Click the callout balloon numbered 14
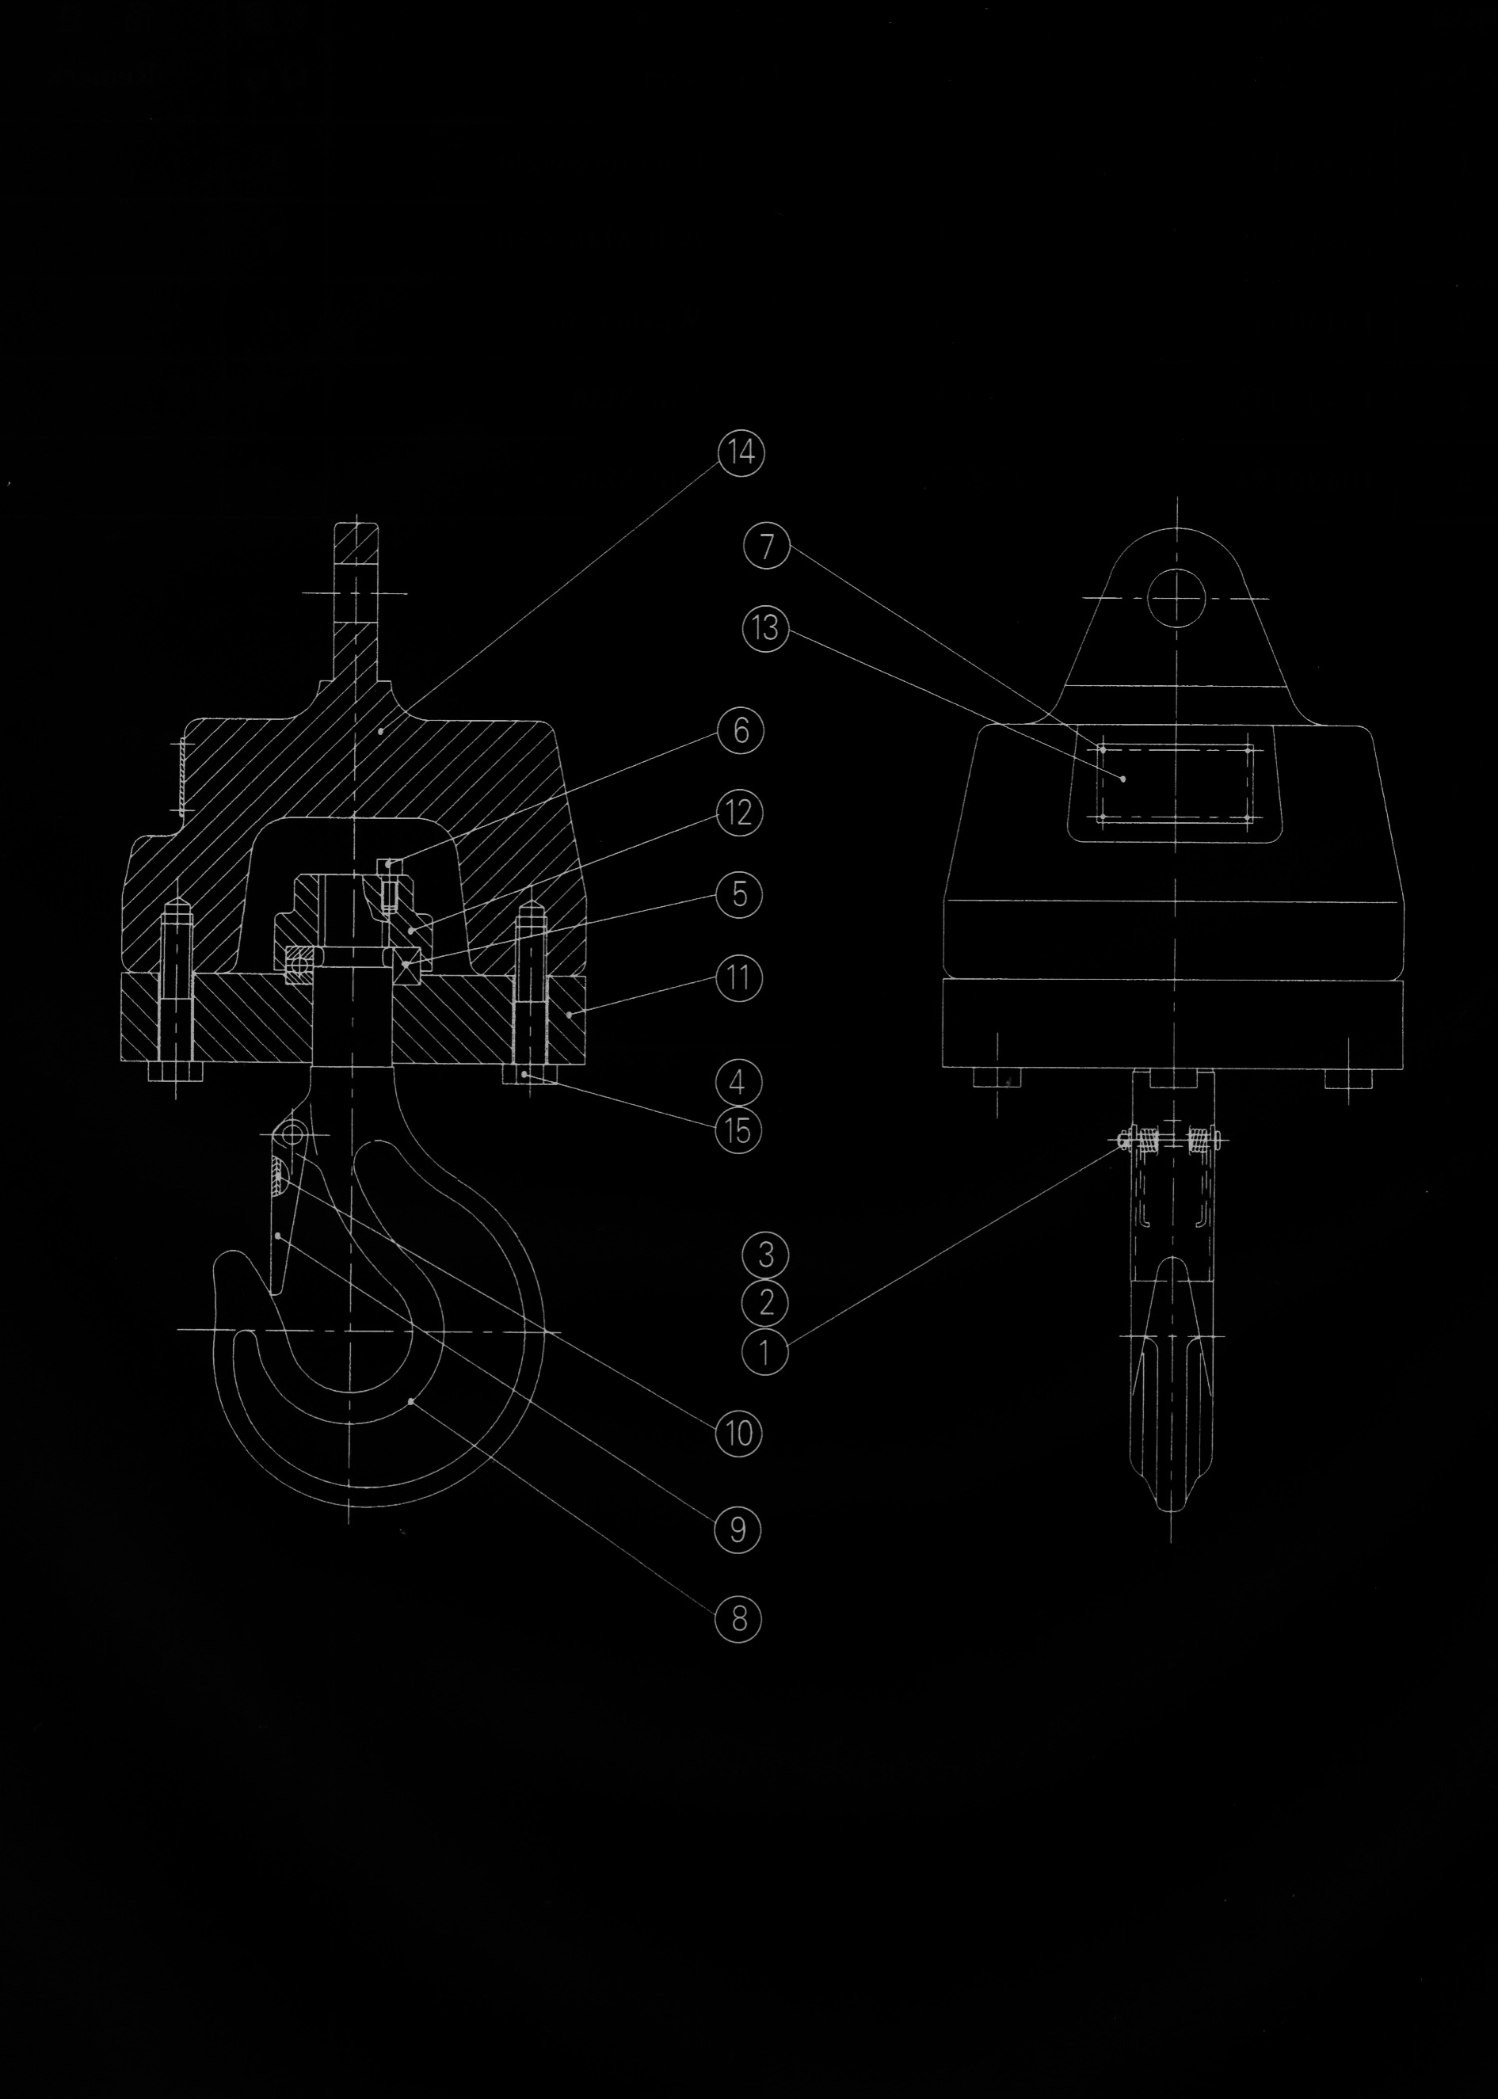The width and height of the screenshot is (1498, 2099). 739,454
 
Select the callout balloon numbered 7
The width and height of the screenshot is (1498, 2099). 765,547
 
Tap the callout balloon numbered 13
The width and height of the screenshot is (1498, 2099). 765,630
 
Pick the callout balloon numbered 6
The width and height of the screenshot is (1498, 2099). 739,731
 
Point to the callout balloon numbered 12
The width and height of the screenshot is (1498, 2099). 739,813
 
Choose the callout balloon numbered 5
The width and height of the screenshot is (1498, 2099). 739,893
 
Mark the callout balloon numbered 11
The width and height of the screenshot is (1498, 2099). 739,977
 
